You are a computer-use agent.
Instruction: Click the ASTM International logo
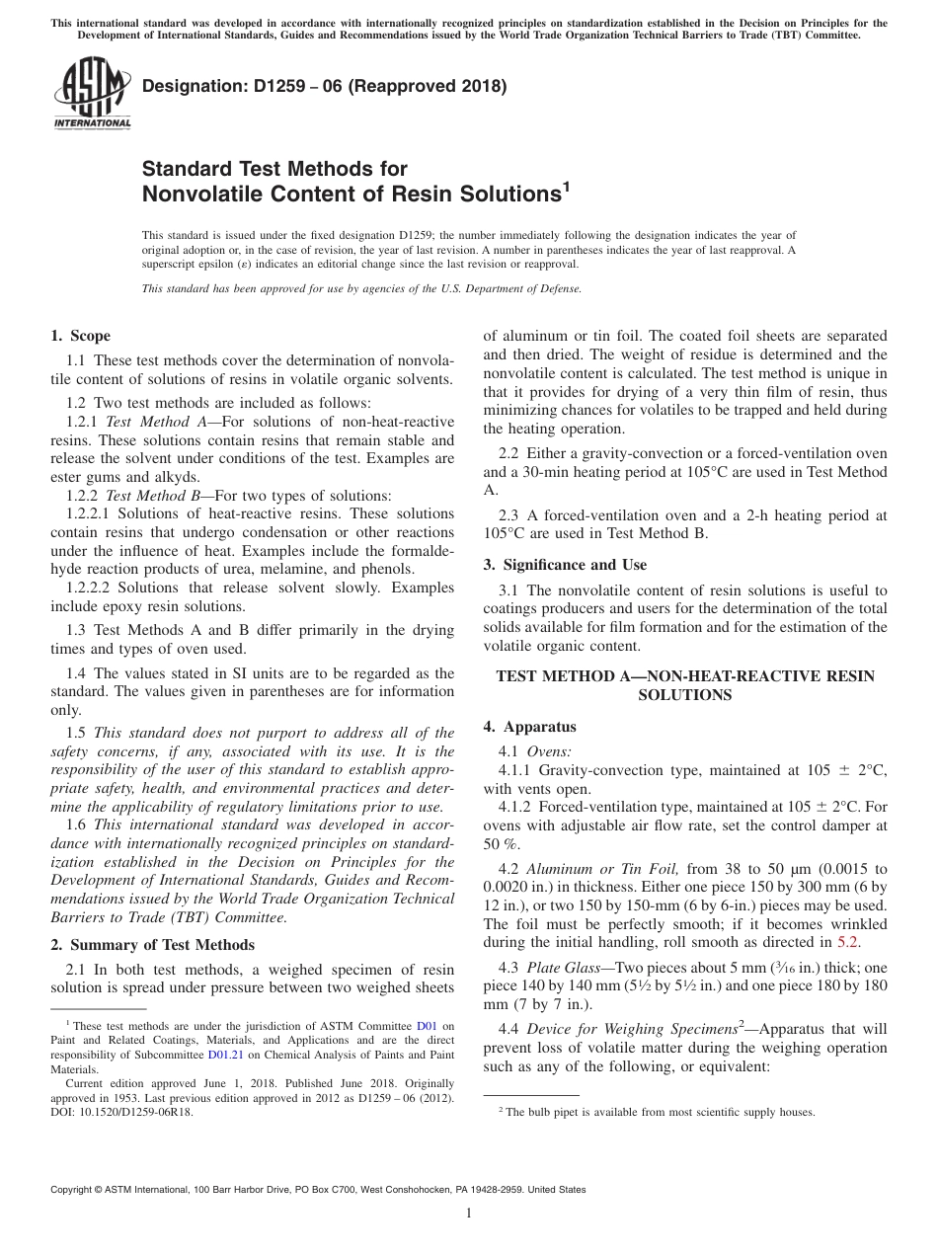click(92, 94)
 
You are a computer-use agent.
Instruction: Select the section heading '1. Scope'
click(81, 336)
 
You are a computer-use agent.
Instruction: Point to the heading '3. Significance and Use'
click(565, 565)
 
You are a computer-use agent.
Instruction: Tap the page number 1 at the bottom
click(468, 1214)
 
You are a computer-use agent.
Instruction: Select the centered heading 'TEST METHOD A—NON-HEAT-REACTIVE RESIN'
click(684, 676)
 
